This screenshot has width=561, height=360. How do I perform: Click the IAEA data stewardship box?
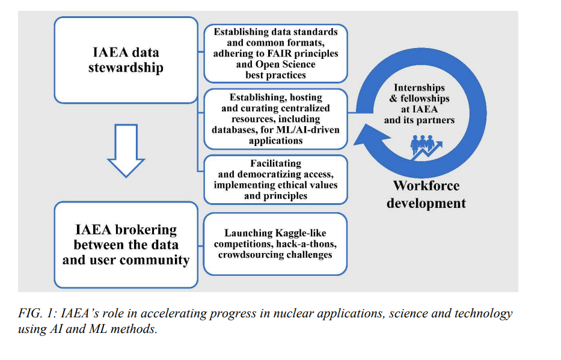[x=126, y=59]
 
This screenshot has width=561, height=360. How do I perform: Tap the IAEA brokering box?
[x=126, y=245]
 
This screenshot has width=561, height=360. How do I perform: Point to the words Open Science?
[x=281, y=64]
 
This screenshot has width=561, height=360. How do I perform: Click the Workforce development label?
[x=426, y=194]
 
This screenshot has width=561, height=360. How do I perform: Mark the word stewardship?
[x=126, y=67]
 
